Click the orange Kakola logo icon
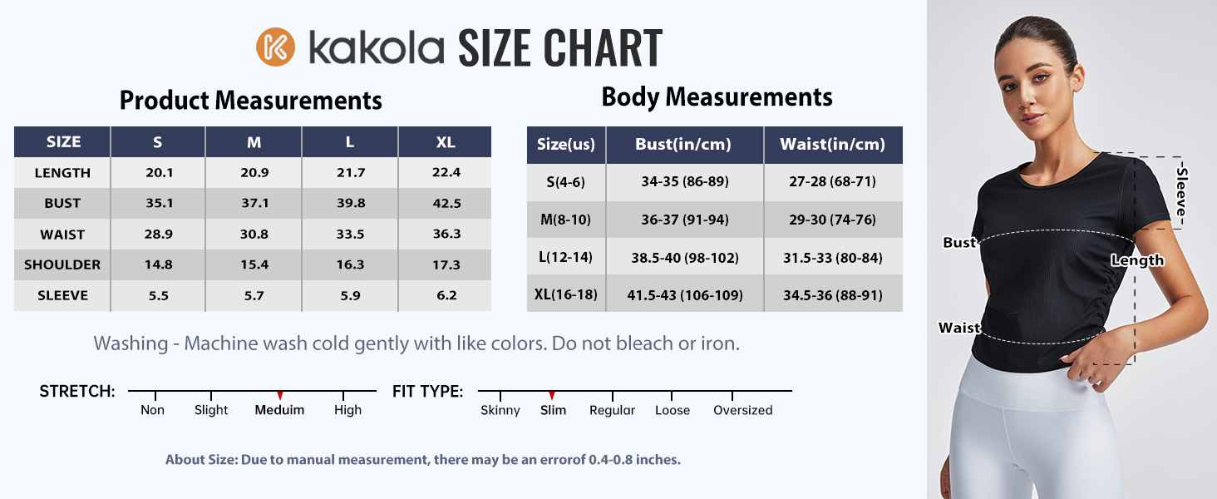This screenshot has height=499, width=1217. tap(276, 47)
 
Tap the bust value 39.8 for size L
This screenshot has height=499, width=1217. tap(350, 204)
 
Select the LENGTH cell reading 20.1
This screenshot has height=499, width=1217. tap(158, 173)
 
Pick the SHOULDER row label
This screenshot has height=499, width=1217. tap(62, 265)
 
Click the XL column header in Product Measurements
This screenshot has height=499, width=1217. tap(446, 142)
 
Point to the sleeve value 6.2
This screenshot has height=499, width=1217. tap(446, 296)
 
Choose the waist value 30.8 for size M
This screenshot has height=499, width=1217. tap(254, 235)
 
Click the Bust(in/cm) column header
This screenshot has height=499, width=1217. tap(683, 145)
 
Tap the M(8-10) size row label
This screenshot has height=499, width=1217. tap(566, 220)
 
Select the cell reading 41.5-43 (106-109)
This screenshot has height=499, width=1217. tap(684, 295)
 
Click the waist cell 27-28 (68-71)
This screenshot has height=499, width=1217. tap(831, 182)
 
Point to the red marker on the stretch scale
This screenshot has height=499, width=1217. tap(280, 395)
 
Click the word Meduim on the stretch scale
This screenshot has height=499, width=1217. tap(279, 410)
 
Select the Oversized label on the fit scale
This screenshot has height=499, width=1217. tap(742, 410)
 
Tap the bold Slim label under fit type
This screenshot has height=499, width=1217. tap(553, 410)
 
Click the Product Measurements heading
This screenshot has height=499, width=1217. tap(251, 101)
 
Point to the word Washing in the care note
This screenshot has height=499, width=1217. tap(130, 343)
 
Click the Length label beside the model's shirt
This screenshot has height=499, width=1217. tap(1137, 260)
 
